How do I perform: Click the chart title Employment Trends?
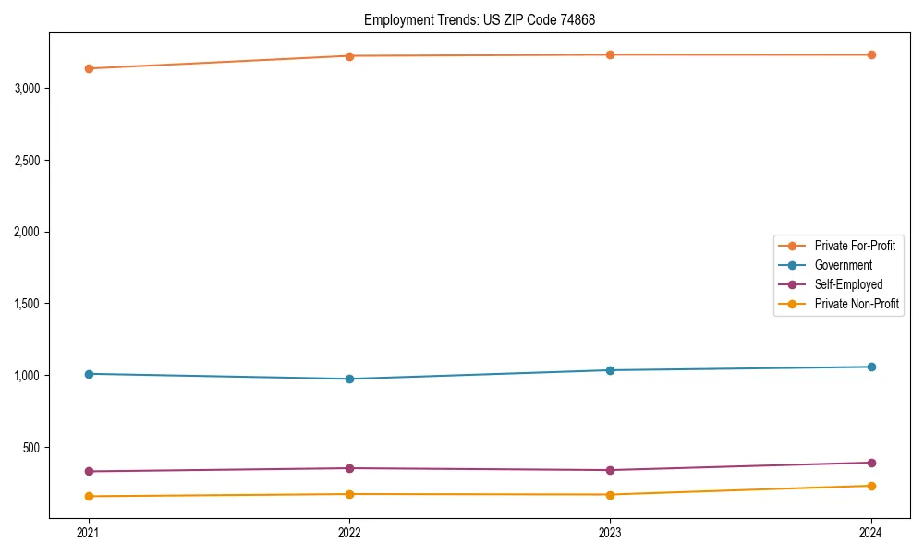click(486, 19)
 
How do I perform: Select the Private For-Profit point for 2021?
click(89, 68)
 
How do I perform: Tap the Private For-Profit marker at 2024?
click(871, 55)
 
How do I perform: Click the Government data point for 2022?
click(349, 379)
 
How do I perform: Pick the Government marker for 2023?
click(610, 370)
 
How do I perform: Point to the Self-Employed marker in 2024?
click(871, 463)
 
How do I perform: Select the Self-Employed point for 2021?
click(89, 471)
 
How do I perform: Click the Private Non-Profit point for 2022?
click(349, 494)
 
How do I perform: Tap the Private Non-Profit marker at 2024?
click(871, 486)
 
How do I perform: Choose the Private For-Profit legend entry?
click(855, 246)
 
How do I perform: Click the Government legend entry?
click(843, 265)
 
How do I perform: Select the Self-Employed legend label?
click(848, 284)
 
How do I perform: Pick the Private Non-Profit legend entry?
click(857, 304)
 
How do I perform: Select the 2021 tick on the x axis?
click(89, 533)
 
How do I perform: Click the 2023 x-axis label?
click(610, 533)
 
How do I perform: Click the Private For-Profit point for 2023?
click(610, 55)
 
